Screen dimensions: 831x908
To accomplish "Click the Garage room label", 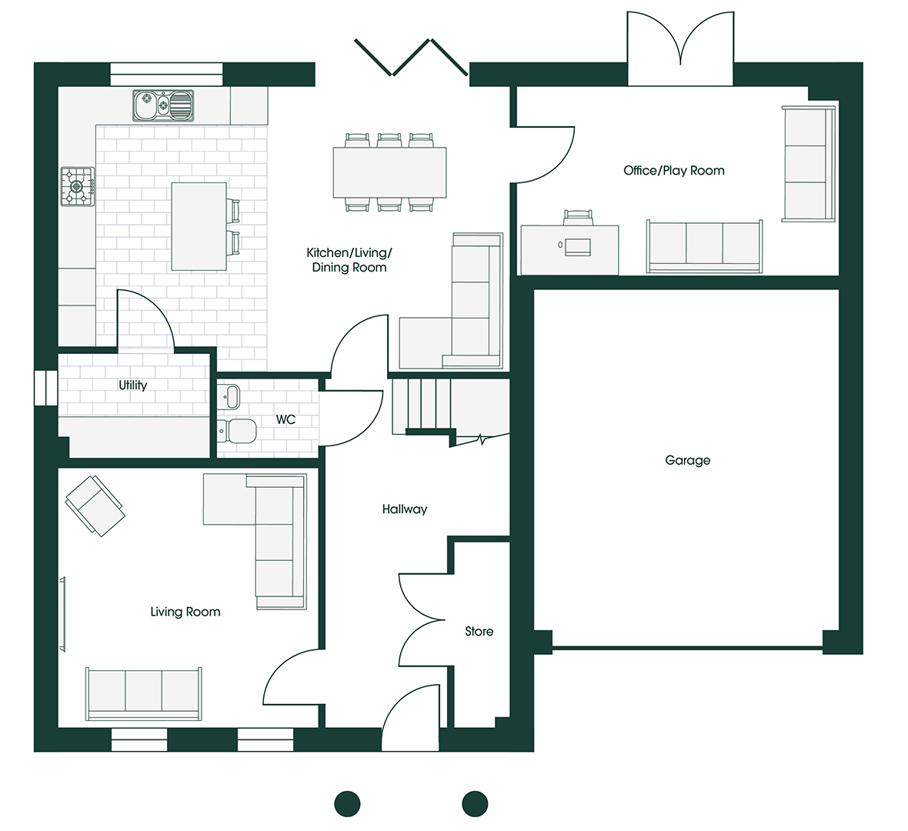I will tap(687, 460).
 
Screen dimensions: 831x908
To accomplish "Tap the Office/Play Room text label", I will tap(673, 171).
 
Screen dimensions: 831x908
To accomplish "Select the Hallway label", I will tap(404, 509).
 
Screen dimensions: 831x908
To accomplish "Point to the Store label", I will tap(479, 632).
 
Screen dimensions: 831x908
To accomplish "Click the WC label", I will tap(285, 420).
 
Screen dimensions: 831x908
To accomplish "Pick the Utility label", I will tap(132, 385).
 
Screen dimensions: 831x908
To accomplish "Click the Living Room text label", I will tap(185, 612).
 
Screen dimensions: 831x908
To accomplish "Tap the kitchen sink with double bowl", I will tap(163, 105).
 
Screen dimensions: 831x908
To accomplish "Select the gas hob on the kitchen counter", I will tap(78, 186).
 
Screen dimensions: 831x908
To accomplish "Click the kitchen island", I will tap(199, 226).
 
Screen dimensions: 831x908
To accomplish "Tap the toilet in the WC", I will tap(236, 431).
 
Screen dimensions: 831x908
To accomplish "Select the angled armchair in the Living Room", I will tap(95, 505).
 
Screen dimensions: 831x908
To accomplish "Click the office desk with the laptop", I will tap(569, 249).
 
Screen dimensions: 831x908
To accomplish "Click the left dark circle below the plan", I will tap(347, 803).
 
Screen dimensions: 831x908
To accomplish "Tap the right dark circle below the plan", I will tap(475, 803).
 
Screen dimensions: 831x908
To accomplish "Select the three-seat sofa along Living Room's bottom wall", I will tap(144, 693).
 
